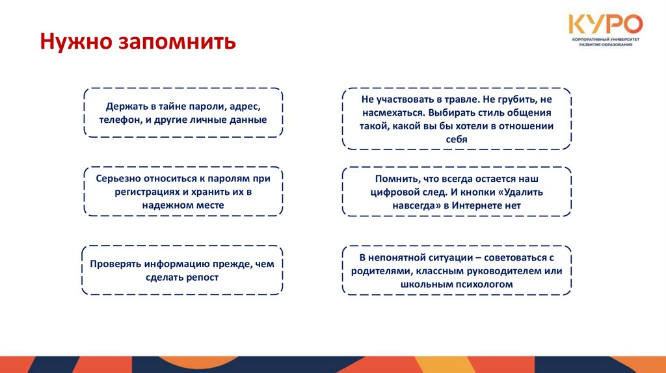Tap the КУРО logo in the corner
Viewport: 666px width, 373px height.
tap(606, 25)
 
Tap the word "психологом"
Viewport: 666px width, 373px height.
tap(479, 284)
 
